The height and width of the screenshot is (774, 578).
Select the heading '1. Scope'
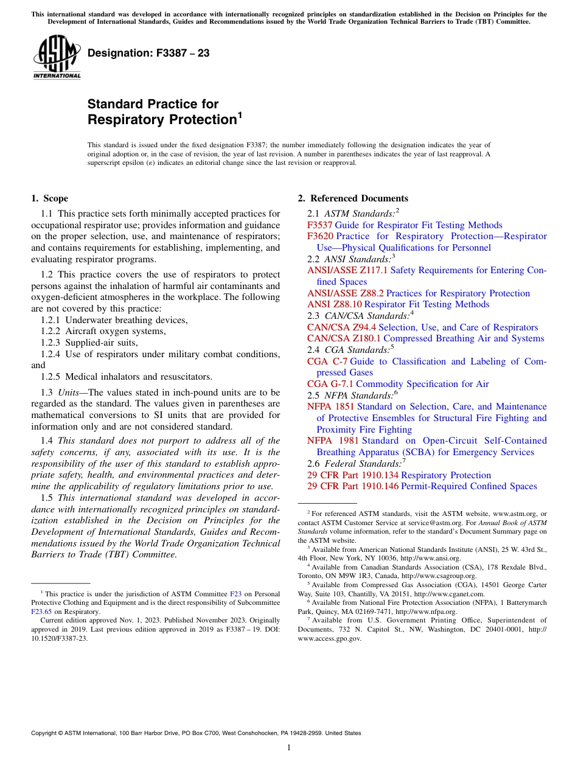click(49, 198)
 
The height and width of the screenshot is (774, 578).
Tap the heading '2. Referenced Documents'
click(353, 198)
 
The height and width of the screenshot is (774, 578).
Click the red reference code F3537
click(319, 225)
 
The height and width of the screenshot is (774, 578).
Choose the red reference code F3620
click(319, 236)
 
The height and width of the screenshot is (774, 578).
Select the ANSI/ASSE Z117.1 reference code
click(347, 270)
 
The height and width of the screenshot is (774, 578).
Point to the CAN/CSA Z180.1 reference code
click(344, 338)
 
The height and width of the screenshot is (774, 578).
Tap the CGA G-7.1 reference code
click(330, 384)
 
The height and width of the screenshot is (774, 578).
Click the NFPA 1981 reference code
click(330, 441)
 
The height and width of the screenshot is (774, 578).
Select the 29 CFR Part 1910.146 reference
click(353, 486)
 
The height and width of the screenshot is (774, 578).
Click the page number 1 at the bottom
click(289, 747)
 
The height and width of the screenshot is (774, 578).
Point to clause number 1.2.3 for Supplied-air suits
click(50, 343)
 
